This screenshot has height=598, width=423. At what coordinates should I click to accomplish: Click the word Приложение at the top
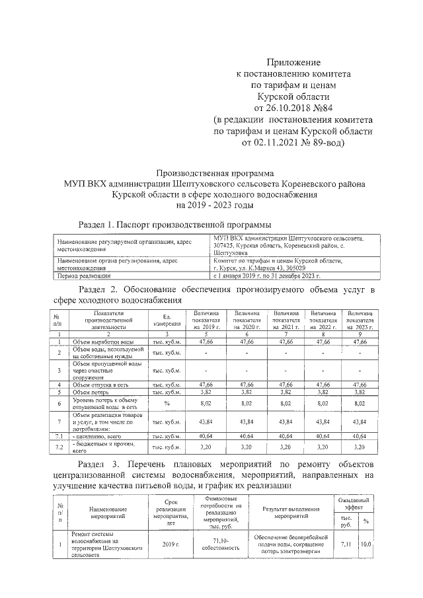(x=293, y=61)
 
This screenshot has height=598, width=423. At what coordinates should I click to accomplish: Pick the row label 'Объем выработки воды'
(x=105, y=342)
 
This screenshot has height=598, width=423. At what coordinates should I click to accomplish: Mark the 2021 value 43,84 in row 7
(x=286, y=422)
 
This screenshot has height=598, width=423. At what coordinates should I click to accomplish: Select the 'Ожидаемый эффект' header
(x=354, y=504)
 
